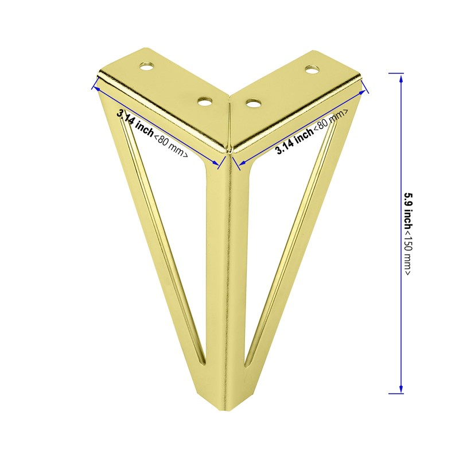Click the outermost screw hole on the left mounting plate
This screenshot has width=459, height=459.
pyautogui.click(x=147, y=67)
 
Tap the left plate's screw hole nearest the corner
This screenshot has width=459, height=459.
pyautogui.click(x=205, y=102)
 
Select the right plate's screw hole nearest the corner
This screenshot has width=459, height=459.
pyautogui.click(x=254, y=103)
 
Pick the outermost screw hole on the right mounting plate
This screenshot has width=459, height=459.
pyautogui.click(x=312, y=69)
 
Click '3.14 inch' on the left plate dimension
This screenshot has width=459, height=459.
pyautogui.click(x=135, y=122)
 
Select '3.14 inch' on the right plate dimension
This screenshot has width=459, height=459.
pyautogui.click(x=295, y=141)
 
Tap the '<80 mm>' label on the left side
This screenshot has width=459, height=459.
pyautogui.click(x=171, y=146)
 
